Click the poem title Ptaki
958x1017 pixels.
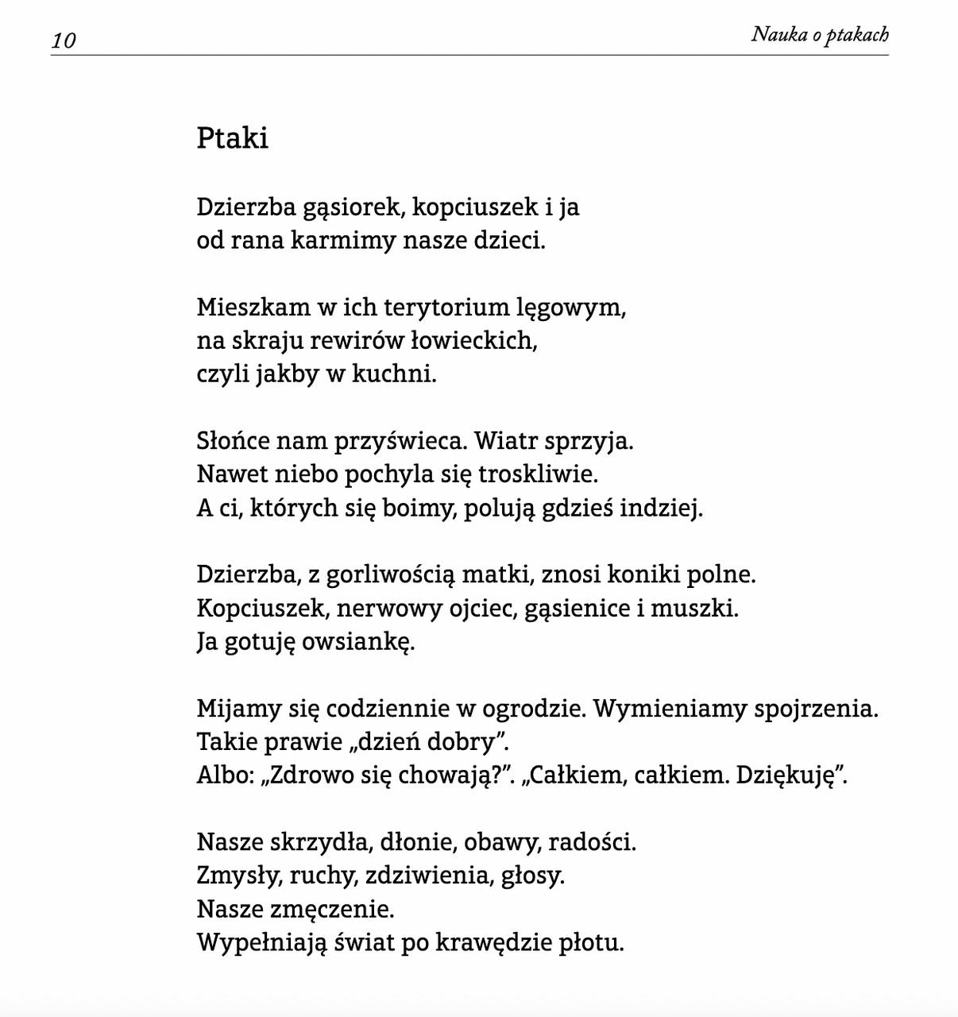pyautogui.click(x=232, y=138)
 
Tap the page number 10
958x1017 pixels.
pyautogui.click(x=64, y=41)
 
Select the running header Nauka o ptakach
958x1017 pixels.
pyautogui.click(x=820, y=34)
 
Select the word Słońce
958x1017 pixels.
pyautogui.click(x=234, y=441)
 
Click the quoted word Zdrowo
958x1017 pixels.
pyautogui.click(x=303, y=775)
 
